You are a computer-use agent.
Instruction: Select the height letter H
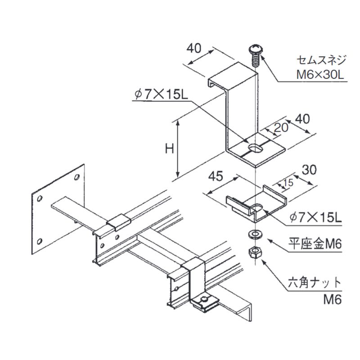click(169, 148)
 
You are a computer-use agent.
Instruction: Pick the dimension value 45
click(216, 177)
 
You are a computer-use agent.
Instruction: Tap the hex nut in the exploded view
click(254, 253)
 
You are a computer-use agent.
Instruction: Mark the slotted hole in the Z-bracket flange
click(256, 148)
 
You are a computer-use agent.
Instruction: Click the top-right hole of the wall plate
click(77, 176)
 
